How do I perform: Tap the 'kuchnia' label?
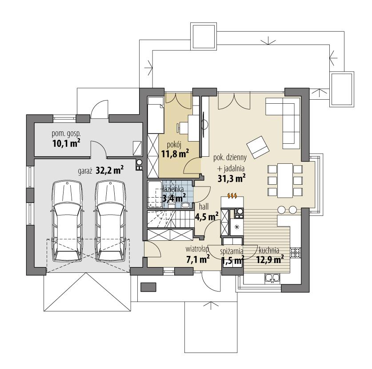pos(268,250)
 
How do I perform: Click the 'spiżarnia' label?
pos(231,250)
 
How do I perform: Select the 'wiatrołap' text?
pos(196,250)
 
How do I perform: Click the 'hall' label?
pos(204,206)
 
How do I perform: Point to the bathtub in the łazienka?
pos(155,194)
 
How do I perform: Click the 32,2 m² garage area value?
pos(109,169)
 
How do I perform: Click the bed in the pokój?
pos(155,116)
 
